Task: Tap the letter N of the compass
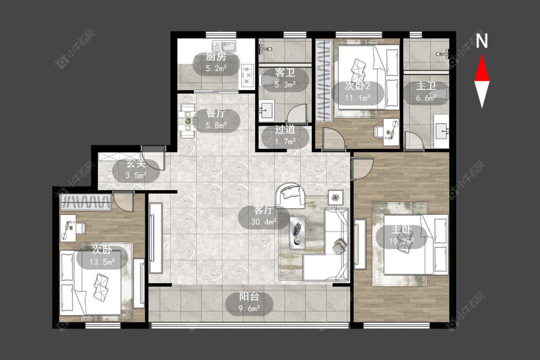point(482,41)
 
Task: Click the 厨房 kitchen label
point(216,57)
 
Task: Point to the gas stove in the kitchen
point(247,75)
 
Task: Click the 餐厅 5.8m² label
point(216,119)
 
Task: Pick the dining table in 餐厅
point(187,121)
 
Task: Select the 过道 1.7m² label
point(285,136)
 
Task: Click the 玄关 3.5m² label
point(136,169)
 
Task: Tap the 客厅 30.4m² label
point(264,216)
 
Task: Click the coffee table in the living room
point(297,232)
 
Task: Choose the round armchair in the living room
point(291,195)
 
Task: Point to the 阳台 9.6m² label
point(249,302)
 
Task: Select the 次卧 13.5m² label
point(102,256)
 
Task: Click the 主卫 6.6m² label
point(426,92)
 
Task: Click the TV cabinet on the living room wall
point(156,238)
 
